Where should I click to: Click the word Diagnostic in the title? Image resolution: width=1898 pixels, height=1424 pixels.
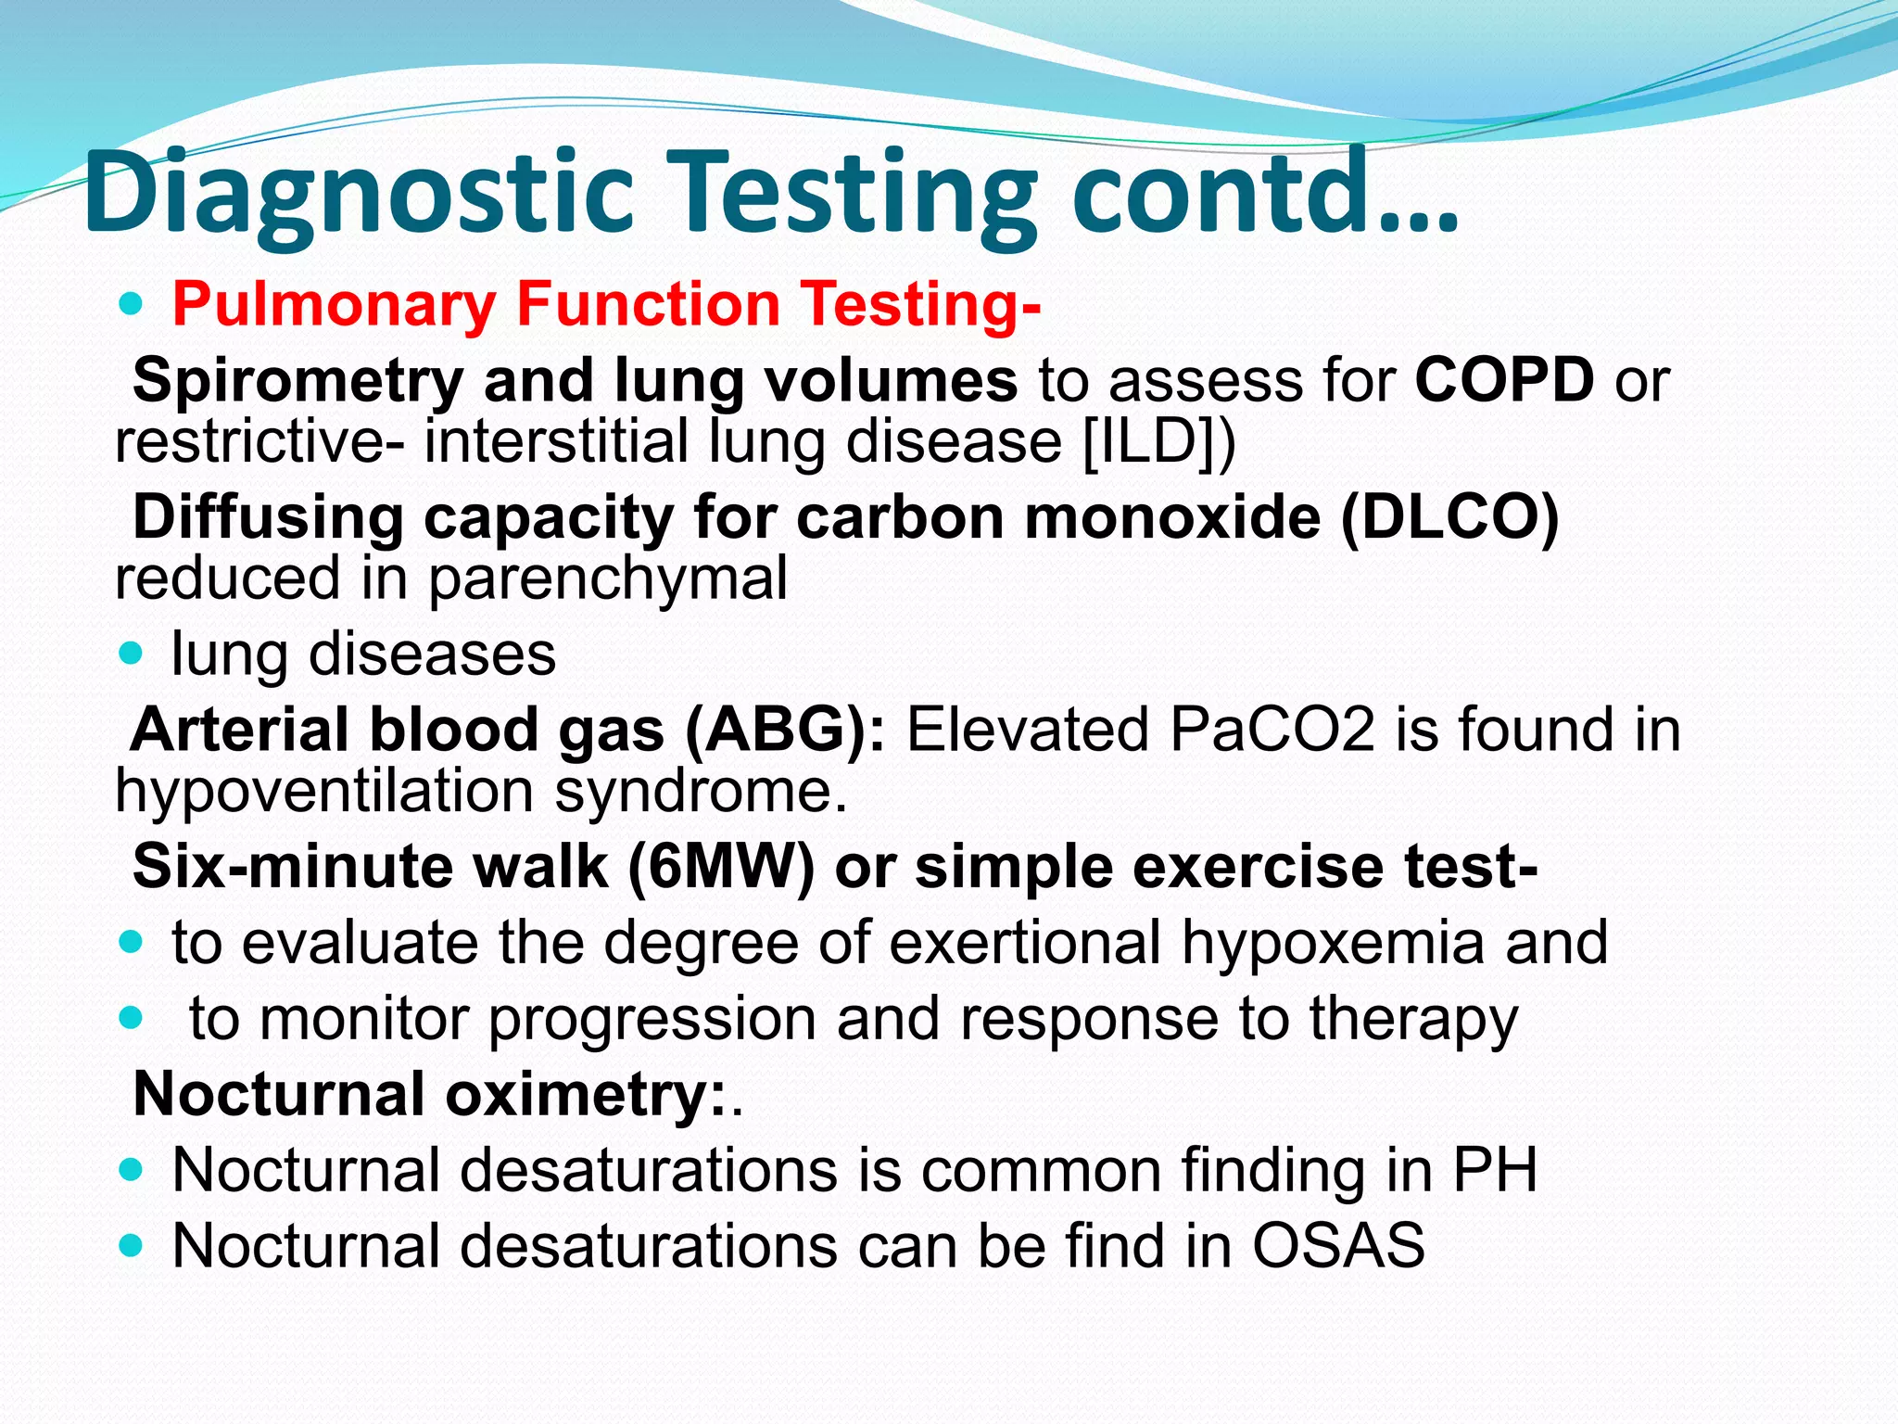357,195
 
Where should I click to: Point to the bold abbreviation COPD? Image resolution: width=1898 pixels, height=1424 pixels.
1504,380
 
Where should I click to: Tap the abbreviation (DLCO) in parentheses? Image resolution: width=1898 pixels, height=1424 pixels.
1449,516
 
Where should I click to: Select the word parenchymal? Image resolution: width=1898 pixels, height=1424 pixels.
607,579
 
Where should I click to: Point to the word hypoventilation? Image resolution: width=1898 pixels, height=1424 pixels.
323,793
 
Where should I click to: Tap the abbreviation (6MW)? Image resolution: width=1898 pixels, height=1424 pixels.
720,868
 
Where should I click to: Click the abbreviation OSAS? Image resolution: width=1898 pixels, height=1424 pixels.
1338,1245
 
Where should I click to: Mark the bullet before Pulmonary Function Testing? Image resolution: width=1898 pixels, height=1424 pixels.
132,304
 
